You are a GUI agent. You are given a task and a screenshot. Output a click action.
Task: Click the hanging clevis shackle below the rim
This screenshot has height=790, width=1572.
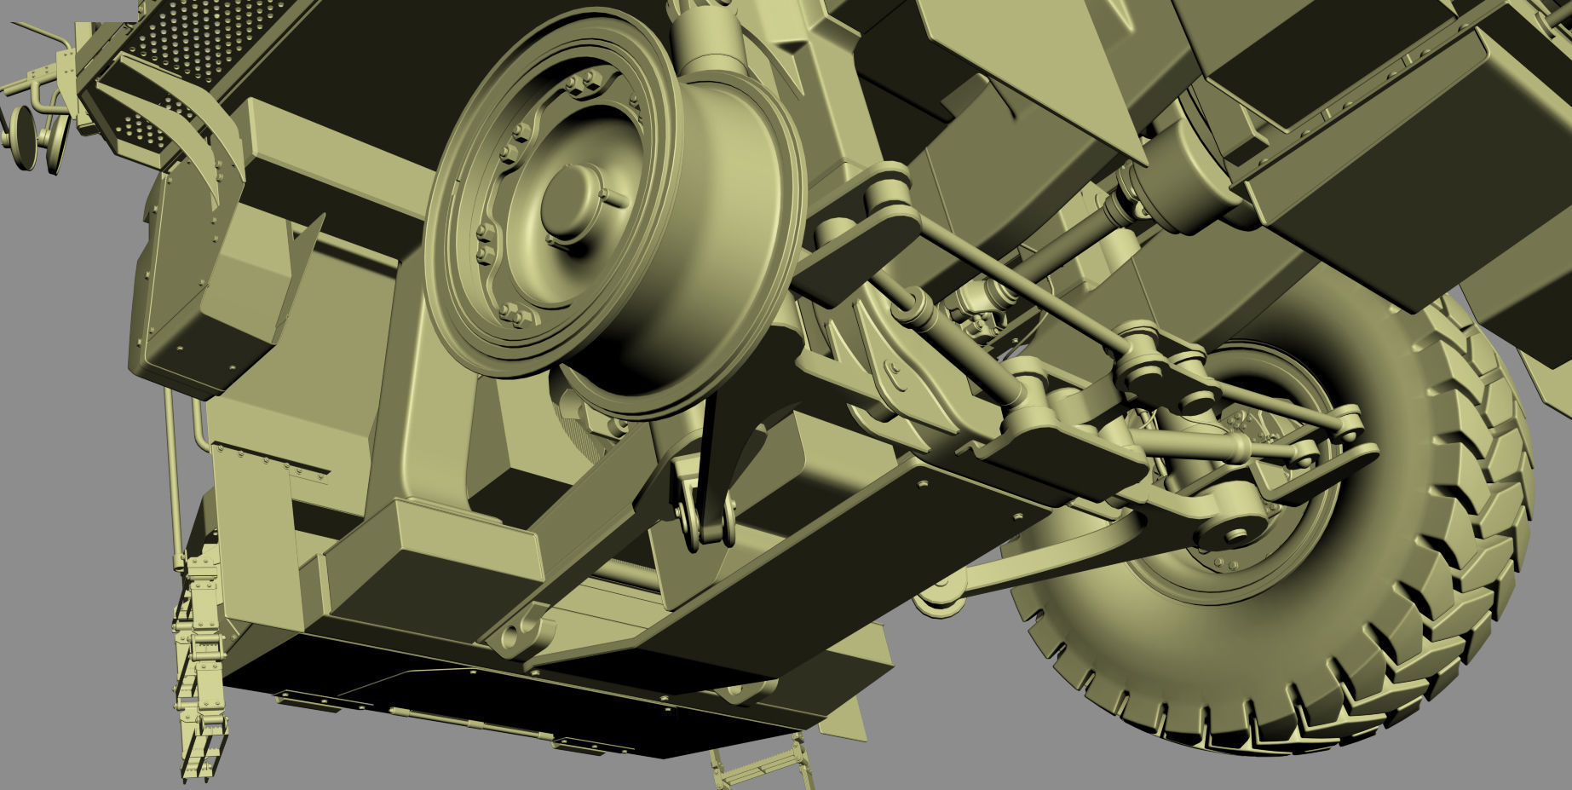coord(705,516)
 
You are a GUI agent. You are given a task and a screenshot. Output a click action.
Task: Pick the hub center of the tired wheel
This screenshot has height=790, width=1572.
coord(1227,477)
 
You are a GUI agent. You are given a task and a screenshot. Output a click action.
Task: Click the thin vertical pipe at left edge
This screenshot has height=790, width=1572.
coord(174,477)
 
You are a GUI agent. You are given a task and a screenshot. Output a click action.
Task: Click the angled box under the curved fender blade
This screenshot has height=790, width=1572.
coord(247,281)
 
